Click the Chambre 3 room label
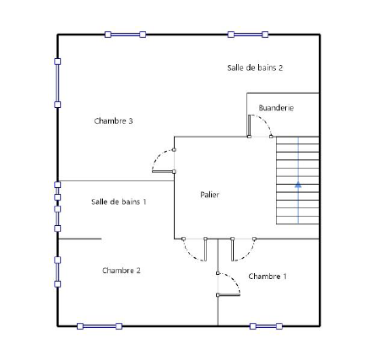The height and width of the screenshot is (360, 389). [x=113, y=121]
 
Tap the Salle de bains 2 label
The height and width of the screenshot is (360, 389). [x=255, y=67]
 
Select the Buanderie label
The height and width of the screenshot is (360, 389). [x=276, y=108]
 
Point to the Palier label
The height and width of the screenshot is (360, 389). [x=209, y=195]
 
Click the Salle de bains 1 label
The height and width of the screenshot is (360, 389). [x=119, y=201]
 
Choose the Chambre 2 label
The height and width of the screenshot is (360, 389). [x=122, y=271]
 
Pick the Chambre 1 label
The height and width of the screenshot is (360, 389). [x=267, y=277]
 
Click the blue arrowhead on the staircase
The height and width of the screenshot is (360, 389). [x=298, y=185]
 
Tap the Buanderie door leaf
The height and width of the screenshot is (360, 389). [x=249, y=126]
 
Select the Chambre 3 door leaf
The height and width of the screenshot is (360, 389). [x=163, y=171]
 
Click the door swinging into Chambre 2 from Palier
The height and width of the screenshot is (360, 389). [x=205, y=250]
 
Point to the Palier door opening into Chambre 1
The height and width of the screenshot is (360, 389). [x=232, y=250]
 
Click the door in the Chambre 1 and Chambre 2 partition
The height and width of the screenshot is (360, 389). [x=229, y=295]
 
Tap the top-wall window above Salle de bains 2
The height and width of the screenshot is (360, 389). [x=248, y=35]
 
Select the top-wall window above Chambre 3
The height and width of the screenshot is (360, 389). [x=125, y=35]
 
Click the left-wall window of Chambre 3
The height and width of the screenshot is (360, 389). [x=57, y=83]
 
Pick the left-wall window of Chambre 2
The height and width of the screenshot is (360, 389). [x=57, y=272]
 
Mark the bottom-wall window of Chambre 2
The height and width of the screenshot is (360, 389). [x=100, y=326]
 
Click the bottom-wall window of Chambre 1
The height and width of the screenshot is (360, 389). [x=266, y=326]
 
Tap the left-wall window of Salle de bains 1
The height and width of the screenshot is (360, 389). [x=57, y=218]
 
